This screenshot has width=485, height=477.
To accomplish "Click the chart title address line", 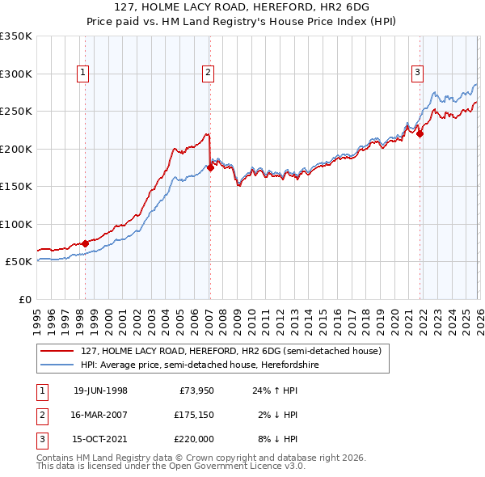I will (x=242, y=7).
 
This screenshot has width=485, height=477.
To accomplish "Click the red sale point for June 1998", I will (x=86, y=243).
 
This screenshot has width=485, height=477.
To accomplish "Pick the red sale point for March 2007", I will (x=210, y=167).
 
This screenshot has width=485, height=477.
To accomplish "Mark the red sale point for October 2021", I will (x=420, y=134).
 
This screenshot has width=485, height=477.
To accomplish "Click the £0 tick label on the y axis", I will (x=23, y=299).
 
